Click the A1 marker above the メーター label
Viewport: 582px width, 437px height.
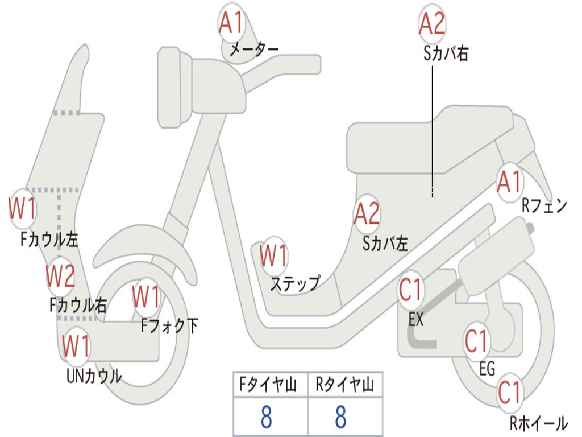pyautogui.click(x=231, y=23)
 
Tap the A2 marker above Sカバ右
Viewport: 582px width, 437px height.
pyautogui.click(x=432, y=23)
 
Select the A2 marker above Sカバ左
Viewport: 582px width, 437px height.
pyautogui.click(x=367, y=214)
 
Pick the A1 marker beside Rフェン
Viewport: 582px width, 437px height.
pyautogui.click(x=510, y=182)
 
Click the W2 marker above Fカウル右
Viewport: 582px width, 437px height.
pyautogui.click(x=60, y=276)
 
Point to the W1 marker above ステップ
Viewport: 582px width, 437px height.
pyautogui.click(x=273, y=255)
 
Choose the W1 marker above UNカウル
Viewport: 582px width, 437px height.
pyautogui.click(x=76, y=346)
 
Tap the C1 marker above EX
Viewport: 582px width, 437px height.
pyautogui.click(x=410, y=290)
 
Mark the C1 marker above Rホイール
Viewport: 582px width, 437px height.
pyautogui.click(x=509, y=393)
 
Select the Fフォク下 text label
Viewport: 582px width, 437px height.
pyautogui.click(x=169, y=326)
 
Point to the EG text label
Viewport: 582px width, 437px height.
pyautogui.click(x=487, y=369)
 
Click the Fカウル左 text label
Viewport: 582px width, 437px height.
pyautogui.click(x=49, y=240)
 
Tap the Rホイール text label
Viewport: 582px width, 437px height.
pyautogui.click(x=539, y=423)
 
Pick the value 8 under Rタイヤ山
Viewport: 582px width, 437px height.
pyautogui.click(x=341, y=417)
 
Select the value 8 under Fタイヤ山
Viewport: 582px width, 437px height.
pyautogui.click(x=266, y=417)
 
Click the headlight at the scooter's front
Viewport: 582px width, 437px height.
pyautogui.click(x=174, y=88)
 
